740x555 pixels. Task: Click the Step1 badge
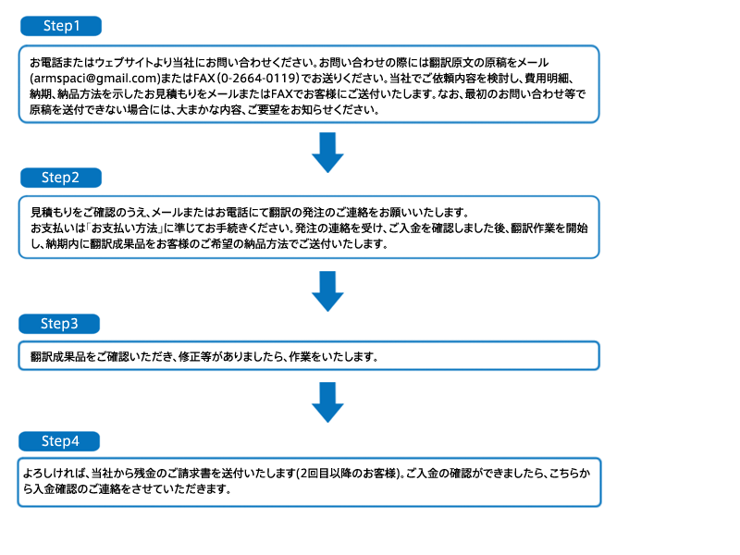61,26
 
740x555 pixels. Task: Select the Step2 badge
61,178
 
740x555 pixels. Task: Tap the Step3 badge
59,324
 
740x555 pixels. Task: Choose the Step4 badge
59,441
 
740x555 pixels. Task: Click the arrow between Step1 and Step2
327,153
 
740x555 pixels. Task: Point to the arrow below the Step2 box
327,291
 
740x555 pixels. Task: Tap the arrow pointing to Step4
327,402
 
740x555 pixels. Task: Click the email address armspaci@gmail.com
95,79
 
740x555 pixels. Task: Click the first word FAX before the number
203,79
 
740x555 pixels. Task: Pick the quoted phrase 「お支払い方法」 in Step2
124,228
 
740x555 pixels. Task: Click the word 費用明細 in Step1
546,79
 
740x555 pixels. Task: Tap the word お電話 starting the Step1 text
46,62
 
